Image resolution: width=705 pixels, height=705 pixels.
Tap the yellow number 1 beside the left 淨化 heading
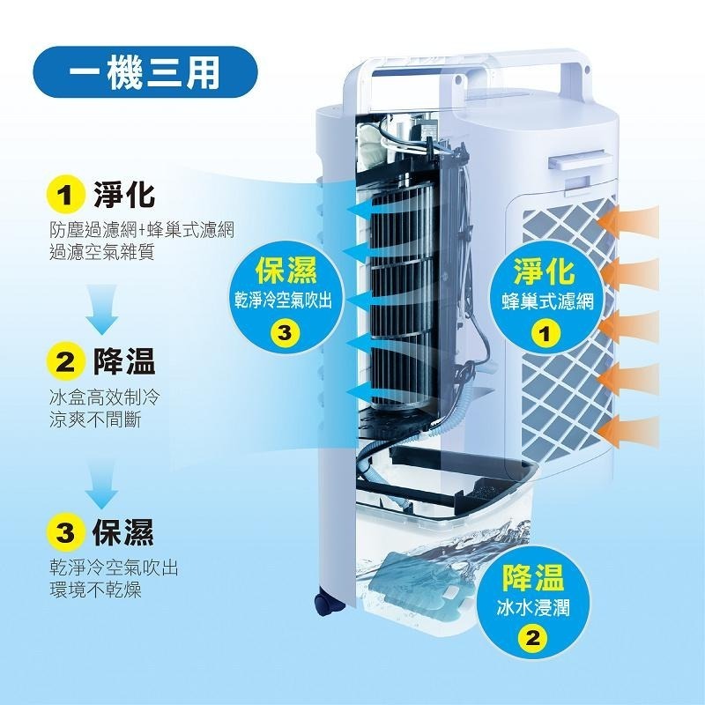click(65, 194)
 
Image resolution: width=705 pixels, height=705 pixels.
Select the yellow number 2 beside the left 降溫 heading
click(65, 362)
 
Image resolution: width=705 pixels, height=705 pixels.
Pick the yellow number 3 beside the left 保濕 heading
click(65, 531)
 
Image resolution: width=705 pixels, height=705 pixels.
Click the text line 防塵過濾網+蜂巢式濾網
click(142, 231)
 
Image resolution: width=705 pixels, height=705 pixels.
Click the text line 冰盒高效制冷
click(106, 398)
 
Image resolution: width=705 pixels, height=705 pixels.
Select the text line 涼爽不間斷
click(96, 420)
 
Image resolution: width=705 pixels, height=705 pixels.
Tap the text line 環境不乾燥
click(96, 588)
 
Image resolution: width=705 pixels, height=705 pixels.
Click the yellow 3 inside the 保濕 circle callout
click(285, 333)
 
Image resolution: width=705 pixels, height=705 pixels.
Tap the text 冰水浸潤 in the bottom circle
click(531, 608)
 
